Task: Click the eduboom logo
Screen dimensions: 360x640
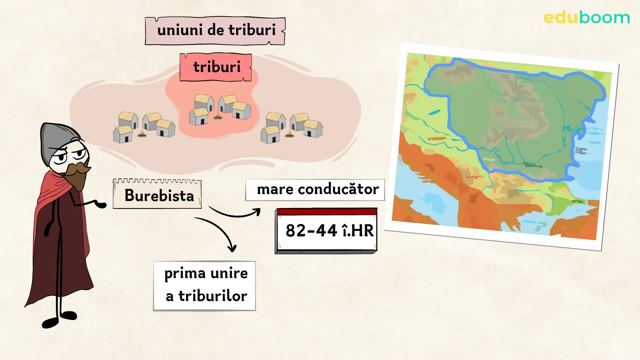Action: click(587, 18)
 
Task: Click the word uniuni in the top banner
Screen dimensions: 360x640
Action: click(180, 30)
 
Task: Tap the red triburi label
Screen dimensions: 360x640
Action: click(216, 67)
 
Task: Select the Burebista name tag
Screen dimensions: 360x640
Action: click(159, 195)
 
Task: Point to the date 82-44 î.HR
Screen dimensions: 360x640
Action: click(329, 231)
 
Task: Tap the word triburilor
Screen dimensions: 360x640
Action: click(213, 296)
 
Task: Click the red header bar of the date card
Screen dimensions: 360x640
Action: click(327, 212)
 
